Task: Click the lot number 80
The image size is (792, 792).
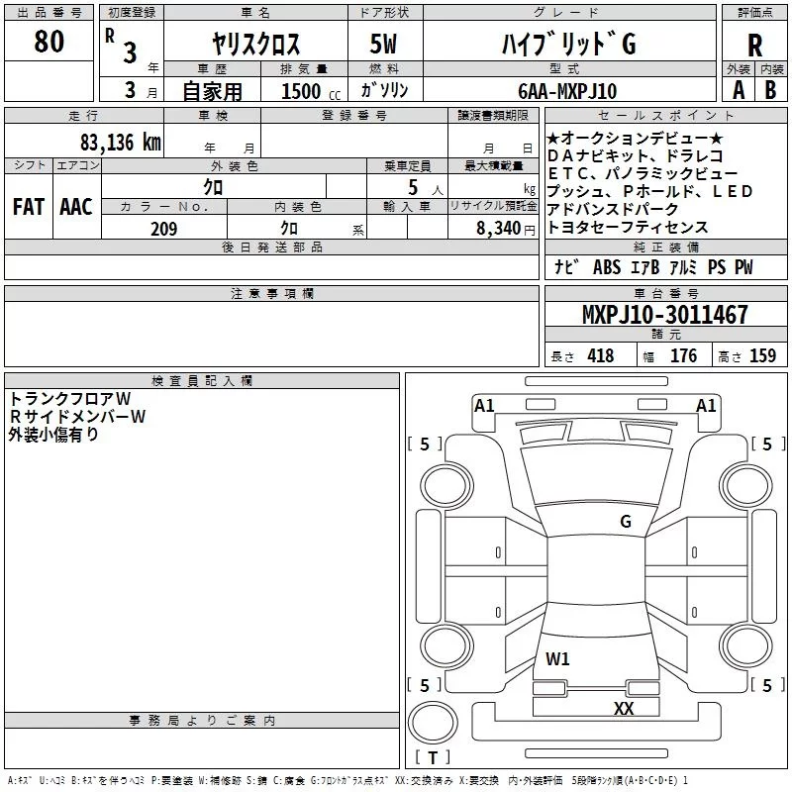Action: click(x=49, y=42)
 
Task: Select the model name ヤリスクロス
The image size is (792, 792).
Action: click(x=256, y=45)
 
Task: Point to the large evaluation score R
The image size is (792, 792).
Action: click(x=755, y=47)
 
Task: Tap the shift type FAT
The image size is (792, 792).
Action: click(x=28, y=207)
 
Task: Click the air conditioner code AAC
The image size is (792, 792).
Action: click(x=76, y=207)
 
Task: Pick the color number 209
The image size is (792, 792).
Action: click(x=163, y=229)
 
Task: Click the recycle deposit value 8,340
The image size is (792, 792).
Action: click(x=498, y=229)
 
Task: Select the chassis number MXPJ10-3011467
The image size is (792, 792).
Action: click(x=664, y=316)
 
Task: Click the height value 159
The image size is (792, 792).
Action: click(x=762, y=356)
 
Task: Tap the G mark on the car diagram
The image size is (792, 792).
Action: click(x=625, y=522)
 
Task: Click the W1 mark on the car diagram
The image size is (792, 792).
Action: click(x=557, y=658)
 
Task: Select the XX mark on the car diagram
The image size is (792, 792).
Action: click(x=624, y=708)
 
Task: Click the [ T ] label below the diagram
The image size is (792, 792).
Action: click(x=433, y=758)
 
